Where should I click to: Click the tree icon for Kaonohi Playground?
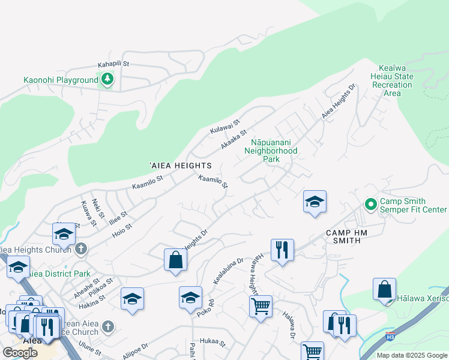107,79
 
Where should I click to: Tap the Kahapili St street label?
113,64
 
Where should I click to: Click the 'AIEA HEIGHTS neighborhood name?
180,165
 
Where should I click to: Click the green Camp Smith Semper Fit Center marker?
370,205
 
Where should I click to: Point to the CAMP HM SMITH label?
351,236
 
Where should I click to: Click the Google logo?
20,352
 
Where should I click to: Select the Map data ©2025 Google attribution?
411,355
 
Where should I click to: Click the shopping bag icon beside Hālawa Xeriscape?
384,289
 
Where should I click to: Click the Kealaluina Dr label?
228,272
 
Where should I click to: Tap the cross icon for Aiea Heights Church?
81,248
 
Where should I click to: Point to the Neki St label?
98,207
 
